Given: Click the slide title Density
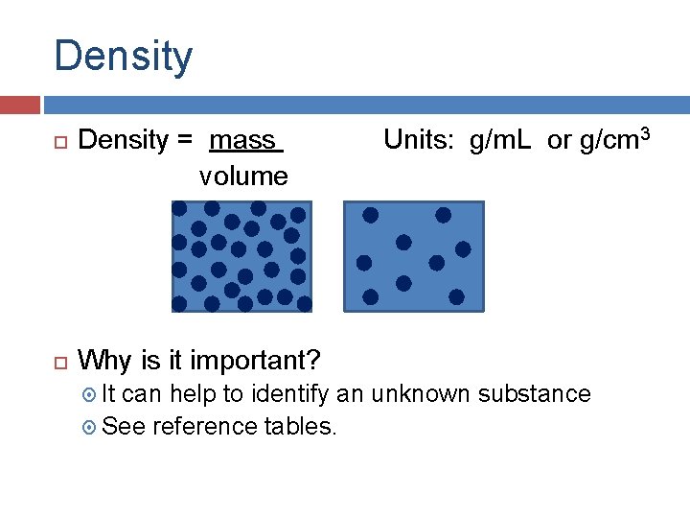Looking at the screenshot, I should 123,56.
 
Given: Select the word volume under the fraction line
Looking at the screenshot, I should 243,177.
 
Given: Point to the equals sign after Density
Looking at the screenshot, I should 185,141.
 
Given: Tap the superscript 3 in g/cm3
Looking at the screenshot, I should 645,134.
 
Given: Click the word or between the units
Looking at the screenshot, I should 560,141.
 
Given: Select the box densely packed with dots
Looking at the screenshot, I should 239,256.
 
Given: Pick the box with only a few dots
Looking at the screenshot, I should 413,256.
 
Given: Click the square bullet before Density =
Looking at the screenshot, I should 58,142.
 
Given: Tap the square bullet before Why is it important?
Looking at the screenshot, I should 58,362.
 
